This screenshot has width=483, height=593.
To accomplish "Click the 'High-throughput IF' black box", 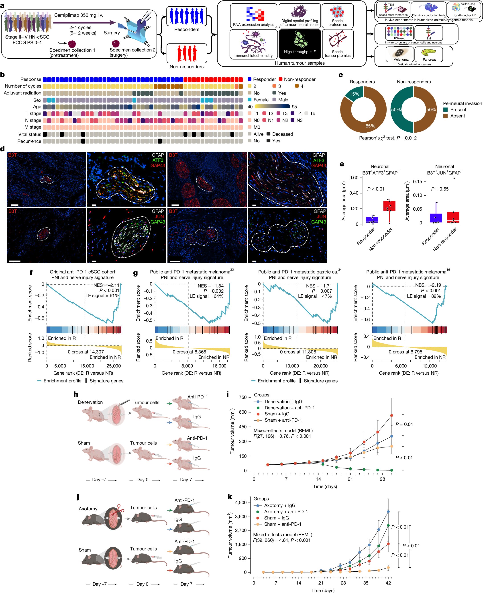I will coord(300,44).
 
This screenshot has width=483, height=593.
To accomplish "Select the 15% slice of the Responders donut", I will coord(354,94).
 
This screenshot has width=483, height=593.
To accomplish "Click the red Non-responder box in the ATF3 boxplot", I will coord(389,206).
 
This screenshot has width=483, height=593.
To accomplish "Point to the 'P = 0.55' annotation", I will coord(440,189).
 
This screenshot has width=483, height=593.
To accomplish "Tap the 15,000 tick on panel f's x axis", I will coord(87,366).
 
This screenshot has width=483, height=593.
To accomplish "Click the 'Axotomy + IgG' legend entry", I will coord(280,505).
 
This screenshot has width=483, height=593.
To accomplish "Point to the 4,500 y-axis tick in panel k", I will coord(241,503).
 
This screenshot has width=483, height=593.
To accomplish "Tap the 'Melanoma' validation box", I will coord(401,55).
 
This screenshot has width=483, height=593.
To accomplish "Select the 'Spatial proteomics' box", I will coord(338,16).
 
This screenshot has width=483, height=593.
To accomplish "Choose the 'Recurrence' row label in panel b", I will coord(29,141).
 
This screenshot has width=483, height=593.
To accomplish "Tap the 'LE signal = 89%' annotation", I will coord(424,296).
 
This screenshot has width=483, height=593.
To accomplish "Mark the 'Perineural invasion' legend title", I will coord(462,103).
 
